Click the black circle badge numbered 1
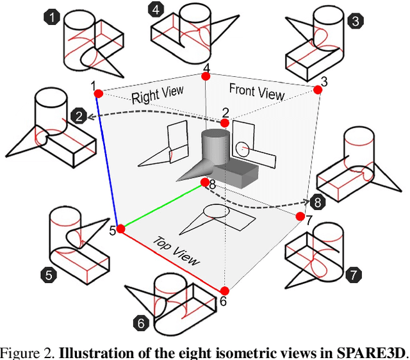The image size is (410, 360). [51, 18]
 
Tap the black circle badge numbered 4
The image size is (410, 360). [154, 10]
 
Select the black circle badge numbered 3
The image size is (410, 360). [355, 21]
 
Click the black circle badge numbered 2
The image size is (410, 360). [79, 116]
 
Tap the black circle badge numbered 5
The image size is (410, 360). [47, 276]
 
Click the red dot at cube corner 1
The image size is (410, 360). [98, 94]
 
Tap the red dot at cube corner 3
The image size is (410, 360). [316, 91]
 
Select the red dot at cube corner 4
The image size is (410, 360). [206, 77]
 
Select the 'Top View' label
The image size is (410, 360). [176, 250]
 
